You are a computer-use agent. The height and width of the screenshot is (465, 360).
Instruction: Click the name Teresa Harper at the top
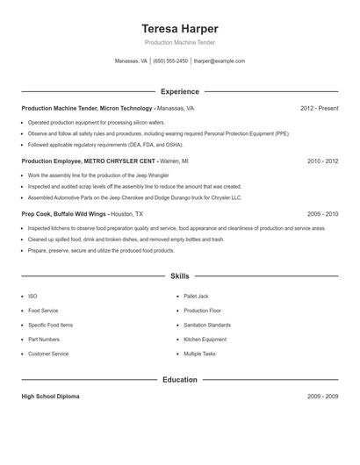pos(179,28)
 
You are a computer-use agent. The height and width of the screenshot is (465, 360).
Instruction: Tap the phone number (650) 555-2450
pos(170,61)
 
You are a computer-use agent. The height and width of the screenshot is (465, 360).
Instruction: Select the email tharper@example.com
pos(219,61)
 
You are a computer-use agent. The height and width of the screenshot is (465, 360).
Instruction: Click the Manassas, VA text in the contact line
pos(132,61)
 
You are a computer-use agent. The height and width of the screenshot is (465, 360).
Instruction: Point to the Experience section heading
pos(179,91)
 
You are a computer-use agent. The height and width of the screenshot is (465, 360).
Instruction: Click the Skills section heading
pos(179,275)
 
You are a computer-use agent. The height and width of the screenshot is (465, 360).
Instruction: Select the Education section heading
pos(179,380)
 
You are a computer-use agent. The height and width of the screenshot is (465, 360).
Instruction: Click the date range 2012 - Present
pos(319,108)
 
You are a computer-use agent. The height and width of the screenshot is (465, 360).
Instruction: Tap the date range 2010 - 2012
pos(322,161)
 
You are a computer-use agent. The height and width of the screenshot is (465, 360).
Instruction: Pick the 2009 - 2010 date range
pos(322,214)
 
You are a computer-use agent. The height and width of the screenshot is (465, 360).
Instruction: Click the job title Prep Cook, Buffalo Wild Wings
pos(63,214)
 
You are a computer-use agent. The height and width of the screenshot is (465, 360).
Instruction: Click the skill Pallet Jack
pos(196,297)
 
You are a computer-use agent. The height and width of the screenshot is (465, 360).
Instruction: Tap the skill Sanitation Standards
pos(207,325)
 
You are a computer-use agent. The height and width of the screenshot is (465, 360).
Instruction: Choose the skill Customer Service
pos(48,354)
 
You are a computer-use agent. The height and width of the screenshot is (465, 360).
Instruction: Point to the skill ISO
pos(32,297)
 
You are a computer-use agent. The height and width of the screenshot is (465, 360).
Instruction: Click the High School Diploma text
pos(50,397)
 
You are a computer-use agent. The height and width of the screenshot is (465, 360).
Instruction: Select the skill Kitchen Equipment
pos(205,340)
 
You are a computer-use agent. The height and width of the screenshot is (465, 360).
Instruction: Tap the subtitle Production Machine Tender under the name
pos(179,42)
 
